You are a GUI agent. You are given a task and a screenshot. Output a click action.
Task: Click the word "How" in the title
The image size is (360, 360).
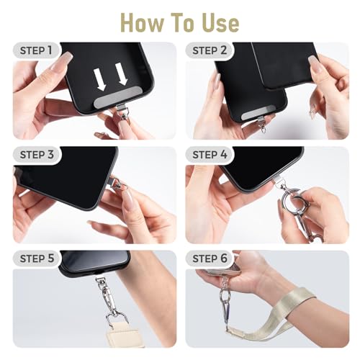142,22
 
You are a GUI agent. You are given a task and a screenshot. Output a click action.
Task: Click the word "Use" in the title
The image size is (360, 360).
221,23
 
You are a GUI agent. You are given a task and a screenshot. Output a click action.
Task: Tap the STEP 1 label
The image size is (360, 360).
36,50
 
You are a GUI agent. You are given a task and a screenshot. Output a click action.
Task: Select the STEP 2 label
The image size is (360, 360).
210,50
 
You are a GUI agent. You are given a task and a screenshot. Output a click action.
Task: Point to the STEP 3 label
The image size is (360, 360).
37,155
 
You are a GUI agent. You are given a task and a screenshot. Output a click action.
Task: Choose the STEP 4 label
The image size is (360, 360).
210,155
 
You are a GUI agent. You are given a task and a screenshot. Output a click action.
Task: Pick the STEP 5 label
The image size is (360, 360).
37,258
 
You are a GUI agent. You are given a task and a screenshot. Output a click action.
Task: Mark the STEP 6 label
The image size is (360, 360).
210,258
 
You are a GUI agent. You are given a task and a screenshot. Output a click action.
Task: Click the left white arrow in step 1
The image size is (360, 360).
100,79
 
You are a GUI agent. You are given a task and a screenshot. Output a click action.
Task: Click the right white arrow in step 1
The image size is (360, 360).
121,74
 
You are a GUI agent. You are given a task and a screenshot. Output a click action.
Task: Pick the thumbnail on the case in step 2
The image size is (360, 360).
315,63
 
